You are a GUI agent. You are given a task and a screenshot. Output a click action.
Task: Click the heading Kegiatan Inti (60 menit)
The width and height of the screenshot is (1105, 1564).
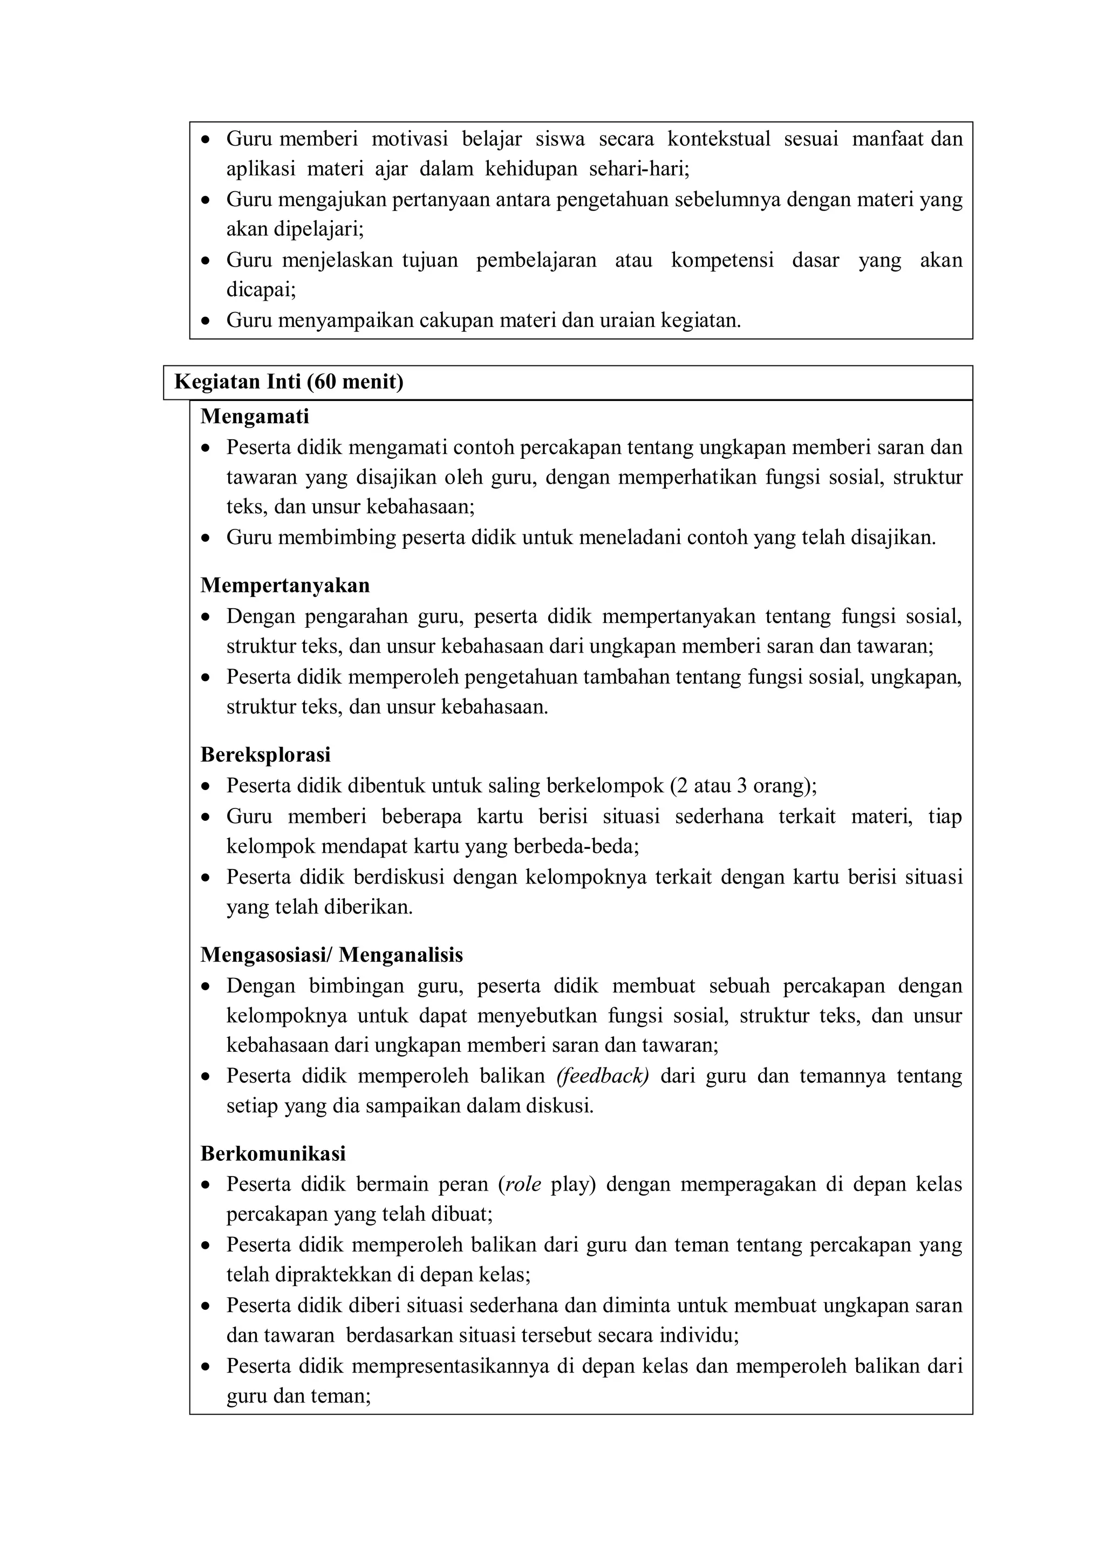click(289, 382)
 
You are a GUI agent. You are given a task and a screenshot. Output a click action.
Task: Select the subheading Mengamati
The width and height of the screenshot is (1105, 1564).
click(255, 416)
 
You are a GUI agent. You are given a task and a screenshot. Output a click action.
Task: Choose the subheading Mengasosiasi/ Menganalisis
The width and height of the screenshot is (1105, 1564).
click(332, 955)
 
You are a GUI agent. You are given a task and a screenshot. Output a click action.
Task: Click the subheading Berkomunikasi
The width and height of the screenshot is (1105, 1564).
click(273, 1153)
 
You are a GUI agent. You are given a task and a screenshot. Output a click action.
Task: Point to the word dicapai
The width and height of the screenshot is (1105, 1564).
click(260, 290)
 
